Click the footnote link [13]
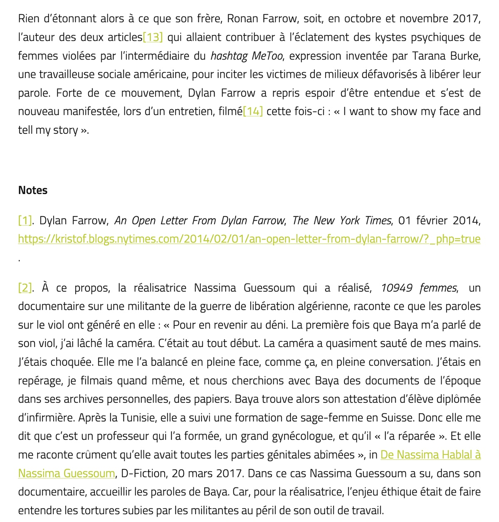tap(153, 37)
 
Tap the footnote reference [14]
tap(253, 112)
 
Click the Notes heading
tap(33, 190)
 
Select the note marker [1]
tap(25, 220)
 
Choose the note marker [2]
tap(25, 288)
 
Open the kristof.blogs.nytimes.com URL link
tap(249, 239)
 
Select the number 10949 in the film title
tap(397, 288)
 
